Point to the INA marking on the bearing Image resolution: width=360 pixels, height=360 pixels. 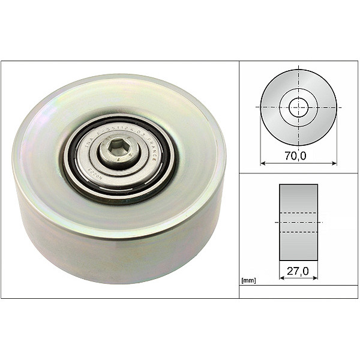90,144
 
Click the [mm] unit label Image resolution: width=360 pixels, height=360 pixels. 247,280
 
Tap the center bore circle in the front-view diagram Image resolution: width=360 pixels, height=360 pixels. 298,107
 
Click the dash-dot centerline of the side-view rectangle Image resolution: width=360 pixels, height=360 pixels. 298,223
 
